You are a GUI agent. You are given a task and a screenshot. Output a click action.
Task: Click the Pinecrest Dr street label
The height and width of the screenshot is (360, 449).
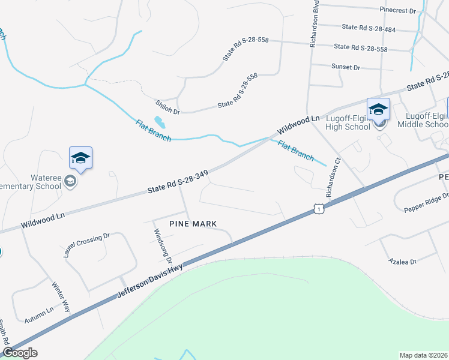pos(397,11)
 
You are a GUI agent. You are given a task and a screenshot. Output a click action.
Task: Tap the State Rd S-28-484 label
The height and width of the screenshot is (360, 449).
pos(369,28)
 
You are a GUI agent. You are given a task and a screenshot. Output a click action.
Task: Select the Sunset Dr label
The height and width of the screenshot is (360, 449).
pos(345,67)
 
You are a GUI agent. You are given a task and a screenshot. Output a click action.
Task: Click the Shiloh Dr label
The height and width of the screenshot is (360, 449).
pos(167,107)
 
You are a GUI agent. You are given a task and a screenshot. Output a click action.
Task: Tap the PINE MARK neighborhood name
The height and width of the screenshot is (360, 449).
pos(192,224)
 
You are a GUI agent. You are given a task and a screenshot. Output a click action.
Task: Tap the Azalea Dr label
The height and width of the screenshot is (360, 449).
pos(403,262)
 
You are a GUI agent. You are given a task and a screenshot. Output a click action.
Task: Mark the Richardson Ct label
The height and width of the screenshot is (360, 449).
pos(333,178)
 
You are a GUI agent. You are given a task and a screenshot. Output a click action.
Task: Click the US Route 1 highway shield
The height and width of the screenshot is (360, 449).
pos(317,208)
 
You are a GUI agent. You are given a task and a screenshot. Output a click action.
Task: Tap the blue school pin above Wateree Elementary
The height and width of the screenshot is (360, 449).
pos(80,159)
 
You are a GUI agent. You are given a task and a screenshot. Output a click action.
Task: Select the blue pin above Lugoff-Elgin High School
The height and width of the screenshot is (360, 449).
pos(378,110)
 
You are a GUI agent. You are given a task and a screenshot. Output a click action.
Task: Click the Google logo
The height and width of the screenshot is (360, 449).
pos(20,353)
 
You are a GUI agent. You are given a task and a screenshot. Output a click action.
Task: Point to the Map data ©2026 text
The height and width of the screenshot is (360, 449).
pos(423,355)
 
